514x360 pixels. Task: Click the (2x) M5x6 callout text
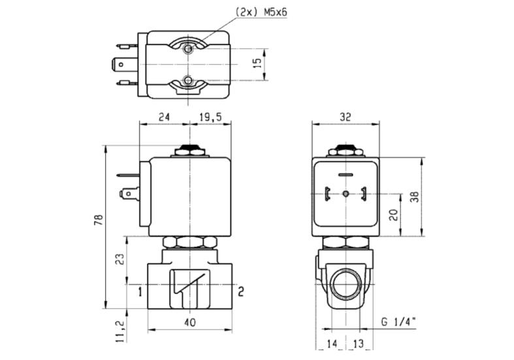[261, 12]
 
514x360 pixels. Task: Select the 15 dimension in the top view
[259, 63]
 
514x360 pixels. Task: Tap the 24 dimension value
[164, 117]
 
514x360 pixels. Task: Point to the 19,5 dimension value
[210, 117]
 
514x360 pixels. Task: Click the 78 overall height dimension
[99, 220]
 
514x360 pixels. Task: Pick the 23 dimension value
[120, 259]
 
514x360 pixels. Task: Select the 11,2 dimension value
[120, 331]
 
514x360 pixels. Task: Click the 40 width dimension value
[190, 322]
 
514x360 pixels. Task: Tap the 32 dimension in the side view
[345, 117]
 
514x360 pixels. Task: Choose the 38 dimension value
[415, 197]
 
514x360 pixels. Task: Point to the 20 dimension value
[394, 215]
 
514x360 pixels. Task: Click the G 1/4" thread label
[398, 322]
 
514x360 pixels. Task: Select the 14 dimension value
[332, 344]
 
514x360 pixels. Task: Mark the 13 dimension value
[359, 344]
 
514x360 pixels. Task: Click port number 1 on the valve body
[140, 291]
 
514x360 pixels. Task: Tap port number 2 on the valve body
[241, 291]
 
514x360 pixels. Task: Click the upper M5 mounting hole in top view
[188, 49]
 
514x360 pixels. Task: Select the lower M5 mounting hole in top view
[188, 80]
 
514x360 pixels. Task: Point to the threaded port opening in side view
[345, 284]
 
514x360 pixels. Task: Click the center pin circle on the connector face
[345, 194]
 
